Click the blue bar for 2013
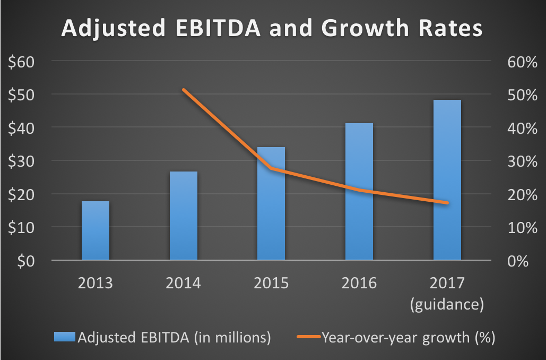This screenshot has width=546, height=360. (x=96, y=231)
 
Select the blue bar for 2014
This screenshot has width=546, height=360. (x=183, y=216)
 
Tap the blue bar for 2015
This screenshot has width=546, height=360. (x=271, y=204)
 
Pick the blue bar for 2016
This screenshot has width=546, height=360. (x=359, y=192)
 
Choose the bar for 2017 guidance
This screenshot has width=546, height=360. (x=447, y=180)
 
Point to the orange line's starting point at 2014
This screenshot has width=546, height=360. (x=183, y=90)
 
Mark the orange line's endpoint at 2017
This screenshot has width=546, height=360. (x=447, y=203)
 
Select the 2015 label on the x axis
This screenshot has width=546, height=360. (x=271, y=282)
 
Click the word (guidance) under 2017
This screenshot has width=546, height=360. (x=447, y=304)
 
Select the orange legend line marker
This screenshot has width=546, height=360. (x=305, y=337)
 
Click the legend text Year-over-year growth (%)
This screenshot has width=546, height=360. (x=408, y=337)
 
